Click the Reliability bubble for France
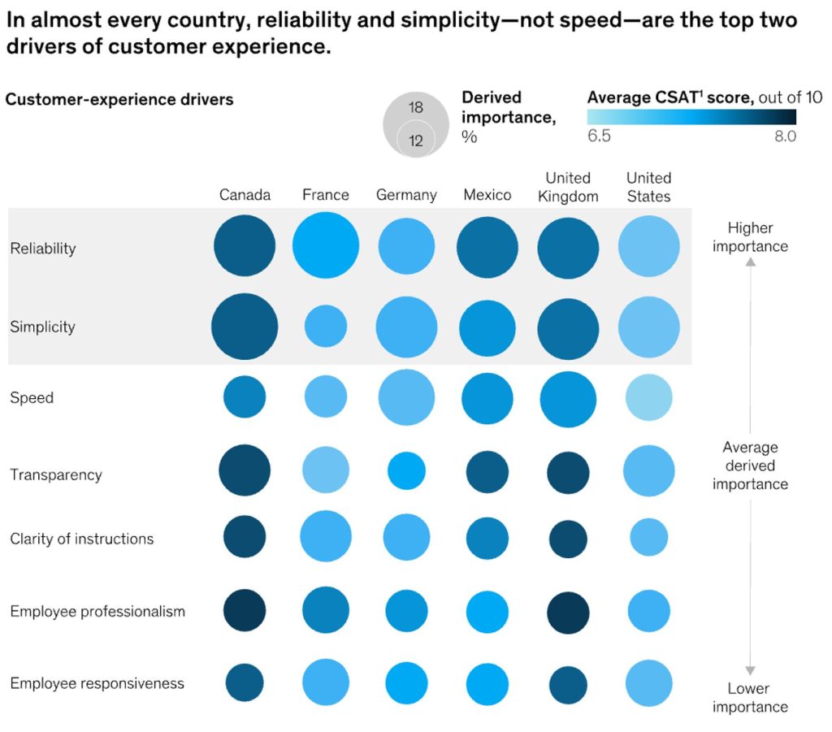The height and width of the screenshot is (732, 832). (x=325, y=246)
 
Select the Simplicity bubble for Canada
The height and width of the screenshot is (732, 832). (x=245, y=327)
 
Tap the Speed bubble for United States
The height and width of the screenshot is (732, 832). (x=649, y=397)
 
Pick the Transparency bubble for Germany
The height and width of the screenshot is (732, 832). (x=405, y=471)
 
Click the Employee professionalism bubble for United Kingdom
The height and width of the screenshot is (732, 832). (x=568, y=613)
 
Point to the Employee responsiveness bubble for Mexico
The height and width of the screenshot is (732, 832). (x=487, y=683)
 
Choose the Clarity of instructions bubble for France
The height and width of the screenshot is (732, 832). (x=325, y=536)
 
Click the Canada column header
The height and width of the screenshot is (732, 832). (x=245, y=195)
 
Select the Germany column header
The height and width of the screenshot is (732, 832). (x=405, y=195)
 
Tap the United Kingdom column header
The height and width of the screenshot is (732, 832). (x=568, y=187)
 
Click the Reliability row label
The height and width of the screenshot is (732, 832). (x=42, y=249)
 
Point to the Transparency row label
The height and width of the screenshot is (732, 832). (x=56, y=474)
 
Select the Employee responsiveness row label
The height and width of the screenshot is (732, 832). (x=97, y=683)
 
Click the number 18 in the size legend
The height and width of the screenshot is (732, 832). (x=416, y=108)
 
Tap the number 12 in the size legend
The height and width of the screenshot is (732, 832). (x=416, y=141)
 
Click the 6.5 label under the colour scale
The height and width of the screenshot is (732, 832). (x=599, y=136)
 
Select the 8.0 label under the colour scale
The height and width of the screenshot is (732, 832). (x=785, y=136)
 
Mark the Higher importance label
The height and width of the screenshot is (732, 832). (x=750, y=236)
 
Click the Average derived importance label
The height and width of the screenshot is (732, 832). (x=750, y=466)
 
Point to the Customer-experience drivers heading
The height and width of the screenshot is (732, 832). (x=119, y=100)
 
